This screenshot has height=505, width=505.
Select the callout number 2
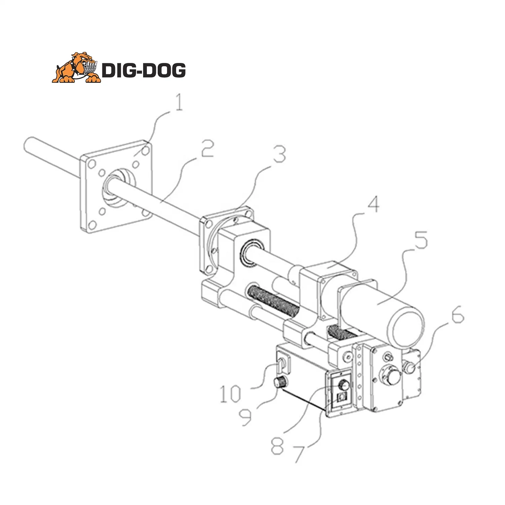[x=207, y=148]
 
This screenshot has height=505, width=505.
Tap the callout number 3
[x=279, y=155]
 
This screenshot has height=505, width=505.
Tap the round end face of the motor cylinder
[x=406, y=329]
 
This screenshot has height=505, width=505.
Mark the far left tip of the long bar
[x=27, y=143]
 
